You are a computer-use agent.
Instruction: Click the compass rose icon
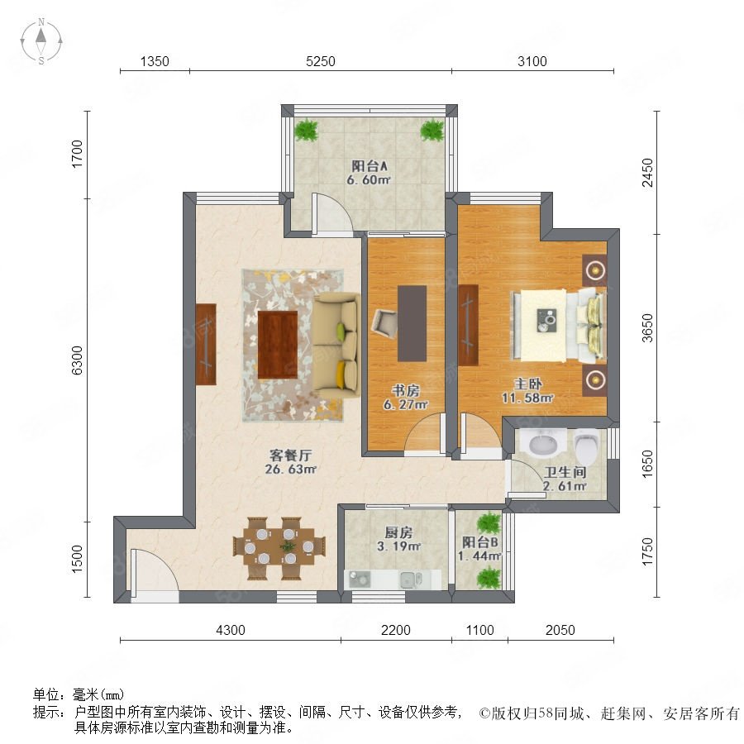click(41, 41)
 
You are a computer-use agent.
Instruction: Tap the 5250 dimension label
click(320, 61)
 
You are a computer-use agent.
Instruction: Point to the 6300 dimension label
click(77, 360)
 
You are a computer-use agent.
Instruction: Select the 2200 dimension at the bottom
click(396, 630)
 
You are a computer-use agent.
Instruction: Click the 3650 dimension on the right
click(647, 328)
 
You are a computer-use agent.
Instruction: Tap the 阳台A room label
click(370, 166)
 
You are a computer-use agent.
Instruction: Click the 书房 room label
click(406, 390)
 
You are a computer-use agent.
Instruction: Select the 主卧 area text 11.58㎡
click(527, 398)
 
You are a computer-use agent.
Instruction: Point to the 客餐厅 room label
click(290, 455)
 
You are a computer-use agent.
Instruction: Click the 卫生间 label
click(565, 472)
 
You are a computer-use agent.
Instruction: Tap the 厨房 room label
click(398, 532)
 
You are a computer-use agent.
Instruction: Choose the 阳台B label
click(480, 541)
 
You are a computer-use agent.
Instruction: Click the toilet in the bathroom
click(587, 446)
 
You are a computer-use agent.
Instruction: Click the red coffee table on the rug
click(278, 345)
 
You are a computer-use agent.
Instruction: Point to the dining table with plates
click(279, 547)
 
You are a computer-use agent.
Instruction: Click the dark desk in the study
click(412, 323)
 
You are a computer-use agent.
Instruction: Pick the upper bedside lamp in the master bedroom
click(594, 270)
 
